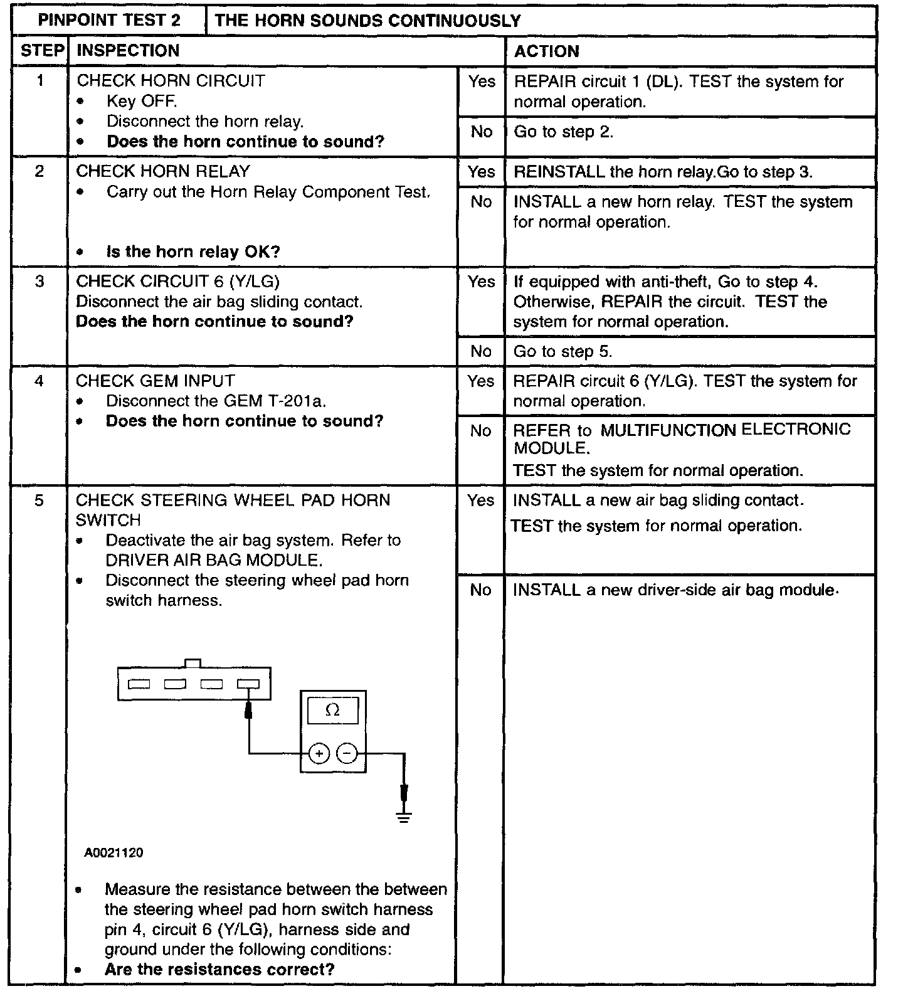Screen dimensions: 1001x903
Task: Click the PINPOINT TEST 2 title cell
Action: [109, 21]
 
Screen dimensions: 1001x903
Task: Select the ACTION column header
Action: [546, 51]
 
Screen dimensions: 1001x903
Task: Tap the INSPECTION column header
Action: [128, 51]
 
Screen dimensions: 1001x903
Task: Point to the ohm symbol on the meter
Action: [333, 710]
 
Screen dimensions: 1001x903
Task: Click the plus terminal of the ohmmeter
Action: [319, 753]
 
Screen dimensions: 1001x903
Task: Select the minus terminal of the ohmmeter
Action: [347, 753]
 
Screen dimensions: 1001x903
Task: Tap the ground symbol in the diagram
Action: [404, 816]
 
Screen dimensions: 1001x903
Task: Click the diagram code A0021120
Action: [114, 853]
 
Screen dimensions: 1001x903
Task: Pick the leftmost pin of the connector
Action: [139, 684]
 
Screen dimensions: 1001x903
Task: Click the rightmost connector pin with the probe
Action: [248, 684]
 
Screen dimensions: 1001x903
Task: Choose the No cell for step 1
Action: [482, 132]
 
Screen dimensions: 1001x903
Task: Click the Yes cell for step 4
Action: [481, 381]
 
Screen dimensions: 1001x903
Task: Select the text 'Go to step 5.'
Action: [562, 351]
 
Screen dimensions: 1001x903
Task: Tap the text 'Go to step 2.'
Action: [563, 132]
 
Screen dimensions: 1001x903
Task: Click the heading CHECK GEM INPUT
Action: [156, 381]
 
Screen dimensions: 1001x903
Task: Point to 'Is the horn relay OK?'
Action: [193, 252]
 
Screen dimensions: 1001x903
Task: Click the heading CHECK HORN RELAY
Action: [163, 171]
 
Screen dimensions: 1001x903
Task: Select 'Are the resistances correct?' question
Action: [219, 969]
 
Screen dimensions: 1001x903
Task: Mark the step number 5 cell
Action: [40, 500]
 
